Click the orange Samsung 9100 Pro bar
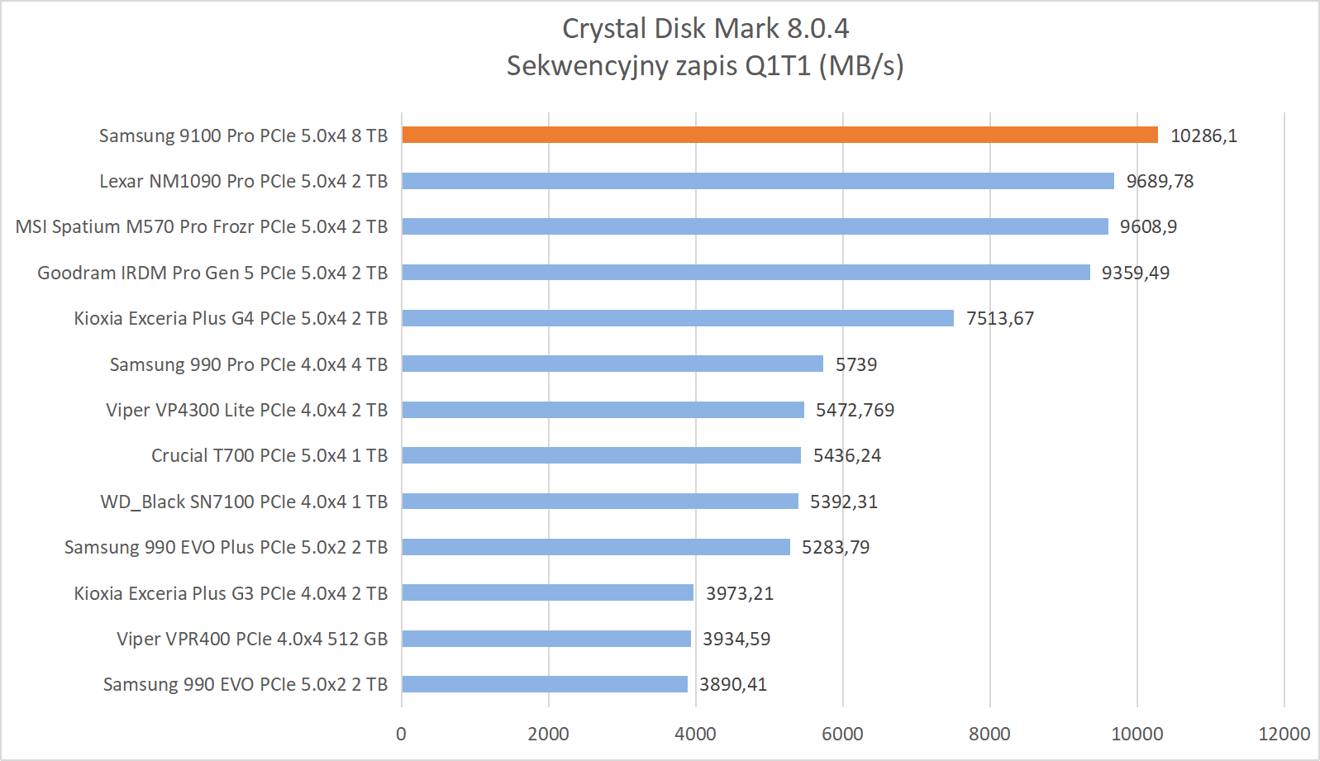(x=779, y=136)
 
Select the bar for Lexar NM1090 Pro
(x=758, y=181)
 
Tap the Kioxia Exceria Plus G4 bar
(x=678, y=318)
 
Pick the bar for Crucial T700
(x=601, y=455)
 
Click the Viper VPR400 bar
(x=546, y=639)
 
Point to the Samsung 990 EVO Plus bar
(x=596, y=547)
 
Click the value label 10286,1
(x=1203, y=136)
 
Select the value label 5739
(x=855, y=364)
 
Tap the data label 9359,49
(x=1135, y=273)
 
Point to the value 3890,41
(x=733, y=684)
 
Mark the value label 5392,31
(x=843, y=502)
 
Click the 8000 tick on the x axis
(x=989, y=734)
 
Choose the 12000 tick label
(x=1284, y=734)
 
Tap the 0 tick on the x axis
(x=402, y=734)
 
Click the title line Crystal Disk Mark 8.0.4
(x=705, y=29)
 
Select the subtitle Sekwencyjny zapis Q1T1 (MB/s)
(x=705, y=65)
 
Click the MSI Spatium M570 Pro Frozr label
(x=202, y=226)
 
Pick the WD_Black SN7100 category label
(x=244, y=502)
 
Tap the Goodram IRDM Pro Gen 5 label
(x=212, y=273)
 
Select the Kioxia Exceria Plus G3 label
(x=231, y=593)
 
